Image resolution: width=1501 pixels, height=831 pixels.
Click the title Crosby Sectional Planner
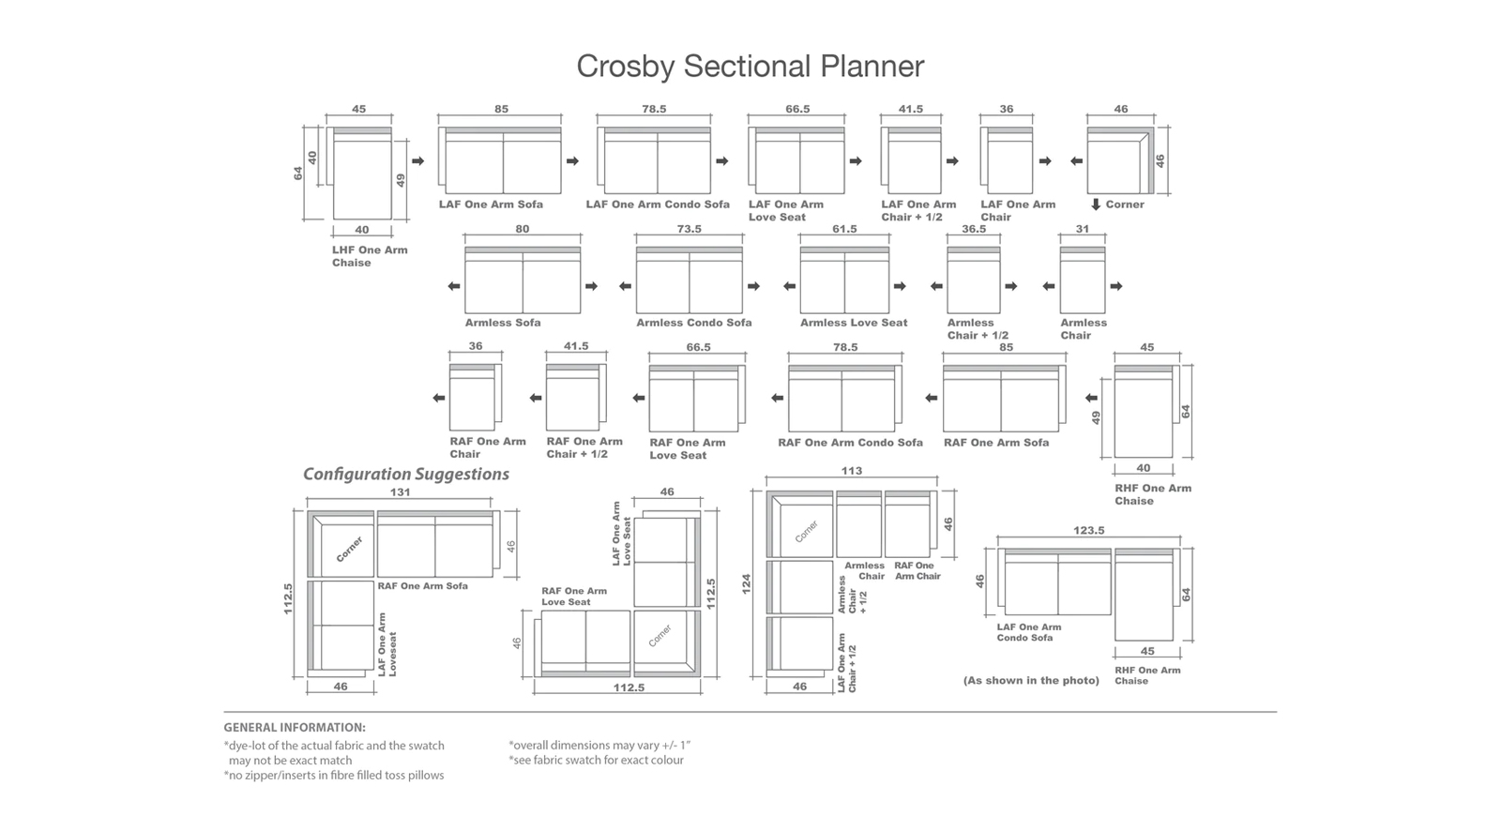click(x=750, y=67)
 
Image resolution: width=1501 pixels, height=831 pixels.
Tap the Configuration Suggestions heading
click(x=406, y=475)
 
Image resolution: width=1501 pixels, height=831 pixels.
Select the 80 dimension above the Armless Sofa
click(x=522, y=229)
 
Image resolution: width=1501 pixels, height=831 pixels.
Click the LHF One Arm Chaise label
click(x=370, y=256)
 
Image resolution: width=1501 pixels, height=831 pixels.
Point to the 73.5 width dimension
click(x=689, y=229)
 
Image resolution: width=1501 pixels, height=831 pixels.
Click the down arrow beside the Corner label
click(x=1096, y=204)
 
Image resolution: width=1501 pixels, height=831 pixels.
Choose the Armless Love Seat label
click(x=854, y=323)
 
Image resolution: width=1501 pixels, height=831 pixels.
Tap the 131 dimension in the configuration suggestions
click(x=400, y=491)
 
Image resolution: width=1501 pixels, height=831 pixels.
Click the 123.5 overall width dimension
click(x=1089, y=530)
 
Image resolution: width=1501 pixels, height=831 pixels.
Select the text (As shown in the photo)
click(x=1031, y=680)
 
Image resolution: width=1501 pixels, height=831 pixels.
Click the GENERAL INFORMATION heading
click(x=295, y=727)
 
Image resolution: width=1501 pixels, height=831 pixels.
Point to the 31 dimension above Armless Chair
click(x=1083, y=229)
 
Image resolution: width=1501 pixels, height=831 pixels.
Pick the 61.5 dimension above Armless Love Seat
click(x=844, y=229)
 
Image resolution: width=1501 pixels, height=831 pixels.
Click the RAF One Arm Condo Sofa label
click(x=850, y=443)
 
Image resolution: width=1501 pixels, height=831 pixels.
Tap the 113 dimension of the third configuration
click(x=852, y=471)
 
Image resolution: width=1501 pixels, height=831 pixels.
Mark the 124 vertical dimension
click(x=747, y=583)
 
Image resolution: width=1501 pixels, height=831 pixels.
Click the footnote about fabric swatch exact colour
click(x=596, y=760)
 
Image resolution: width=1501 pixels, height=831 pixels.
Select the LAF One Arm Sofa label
click(x=491, y=204)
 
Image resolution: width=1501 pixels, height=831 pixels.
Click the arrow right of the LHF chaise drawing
click(x=418, y=160)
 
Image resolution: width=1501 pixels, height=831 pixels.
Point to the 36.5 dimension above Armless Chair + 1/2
click(x=974, y=229)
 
